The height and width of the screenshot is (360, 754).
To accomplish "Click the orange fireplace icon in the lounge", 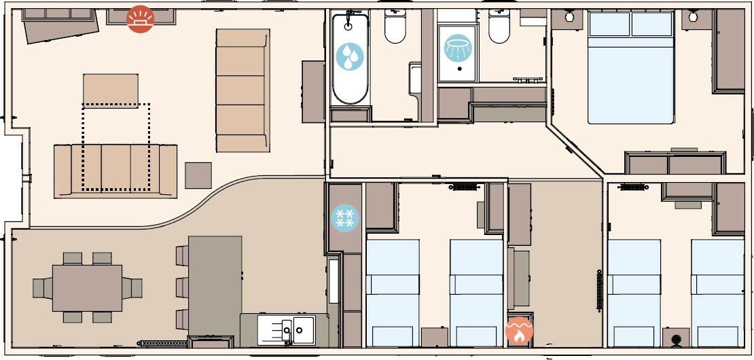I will tap(140, 19).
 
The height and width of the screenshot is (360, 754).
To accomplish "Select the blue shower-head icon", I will tap(457, 48).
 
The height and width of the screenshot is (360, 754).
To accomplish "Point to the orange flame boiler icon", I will tap(519, 331).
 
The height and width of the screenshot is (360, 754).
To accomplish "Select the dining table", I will tap(87, 287).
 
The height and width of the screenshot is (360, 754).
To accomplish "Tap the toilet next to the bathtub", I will tap(395, 27).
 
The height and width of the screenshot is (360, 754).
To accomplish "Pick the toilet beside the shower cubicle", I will tap(499, 27).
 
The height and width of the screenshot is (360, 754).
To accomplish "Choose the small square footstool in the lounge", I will tap(198, 175).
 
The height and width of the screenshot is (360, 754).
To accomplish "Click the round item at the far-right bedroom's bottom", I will tap(676, 339).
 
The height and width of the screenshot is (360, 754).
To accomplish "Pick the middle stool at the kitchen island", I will tap(182, 287).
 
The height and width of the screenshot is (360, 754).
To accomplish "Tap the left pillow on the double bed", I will tap(609, 24).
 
